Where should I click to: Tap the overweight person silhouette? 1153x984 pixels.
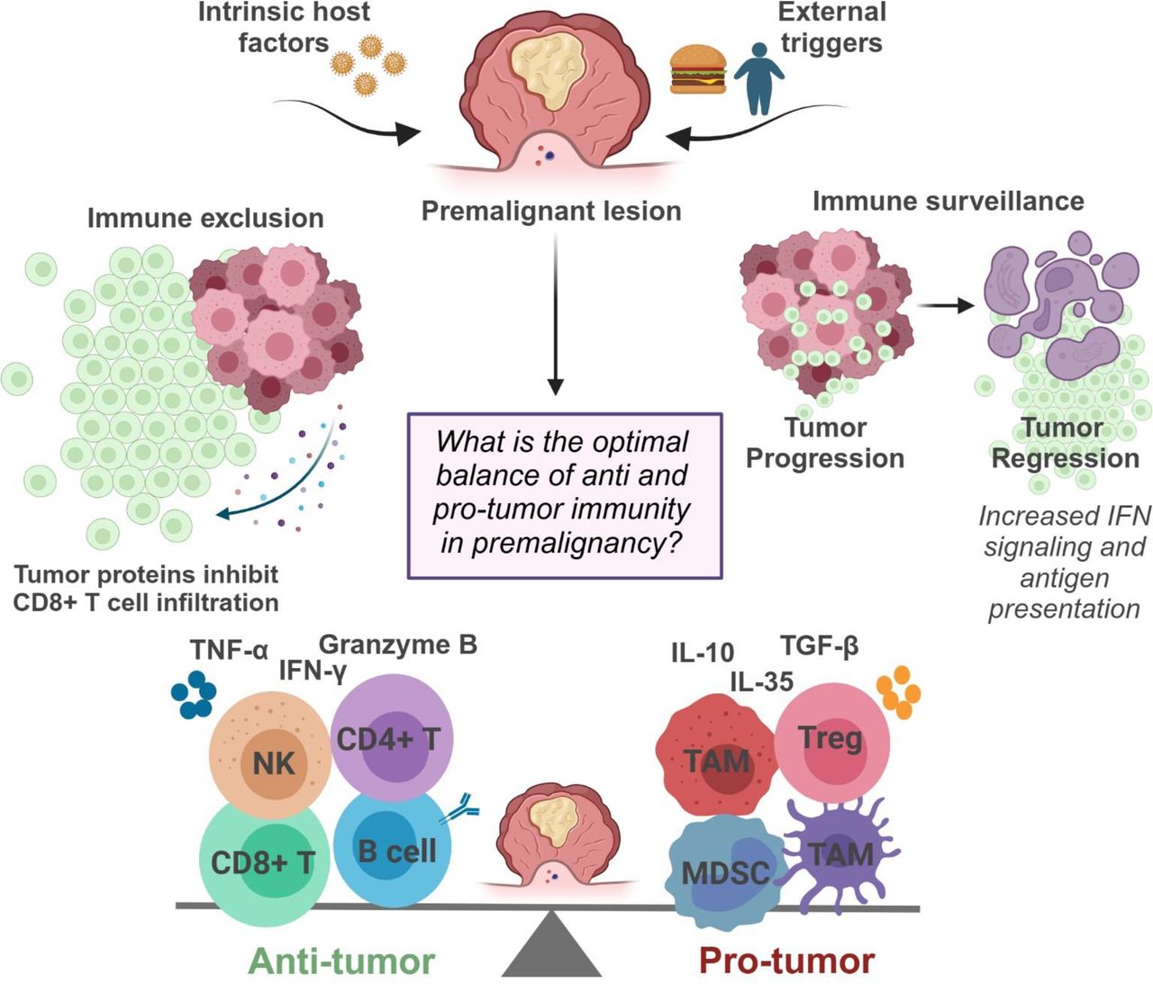click(x=758, y=79)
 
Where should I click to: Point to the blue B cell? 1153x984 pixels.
click(x=392, y=847)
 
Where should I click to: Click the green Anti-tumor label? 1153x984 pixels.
click(x=341, y=961)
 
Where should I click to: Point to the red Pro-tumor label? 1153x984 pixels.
click(x=786, y=961)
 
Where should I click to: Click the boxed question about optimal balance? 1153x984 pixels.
click(x=565, y=495)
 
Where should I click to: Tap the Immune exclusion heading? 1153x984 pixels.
click(x=205, y=218)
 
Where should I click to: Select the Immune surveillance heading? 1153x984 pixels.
click(x=948, y=201)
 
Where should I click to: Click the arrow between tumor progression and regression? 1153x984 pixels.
click(x=951, y=306)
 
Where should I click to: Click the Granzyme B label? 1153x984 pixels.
click(x=398, y=645)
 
